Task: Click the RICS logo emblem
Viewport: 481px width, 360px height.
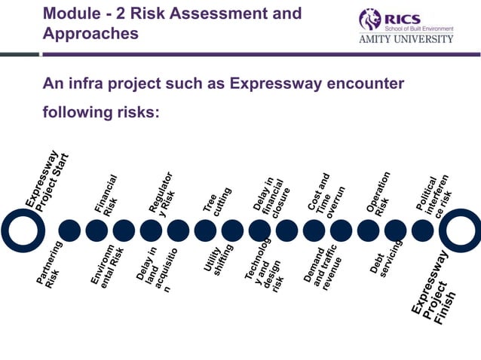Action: [x=370, y=19]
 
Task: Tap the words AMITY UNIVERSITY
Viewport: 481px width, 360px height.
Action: [x=405, y=39]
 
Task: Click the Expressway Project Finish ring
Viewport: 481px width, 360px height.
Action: [x=460, y=230]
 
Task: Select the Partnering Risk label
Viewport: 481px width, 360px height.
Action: [x=51, y=265]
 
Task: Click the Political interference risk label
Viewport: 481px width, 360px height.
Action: [x=436, y=194]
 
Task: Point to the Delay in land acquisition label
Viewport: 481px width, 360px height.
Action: [x=158, y=269]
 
